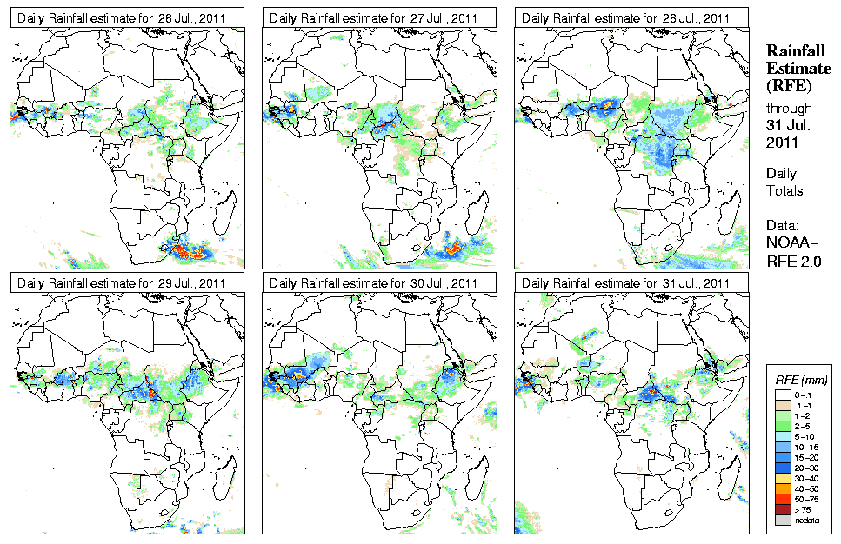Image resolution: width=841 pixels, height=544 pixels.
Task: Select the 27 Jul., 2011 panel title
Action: tap(374, 18)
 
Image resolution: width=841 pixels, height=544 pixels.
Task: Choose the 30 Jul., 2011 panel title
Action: tap(374, 283)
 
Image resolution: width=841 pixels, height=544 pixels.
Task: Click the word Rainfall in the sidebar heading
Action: tap(794, 52)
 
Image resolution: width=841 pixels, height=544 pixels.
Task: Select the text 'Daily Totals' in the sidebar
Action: tap(784, 182)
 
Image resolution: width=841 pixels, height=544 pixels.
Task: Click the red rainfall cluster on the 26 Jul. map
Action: tap(189, 252)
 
